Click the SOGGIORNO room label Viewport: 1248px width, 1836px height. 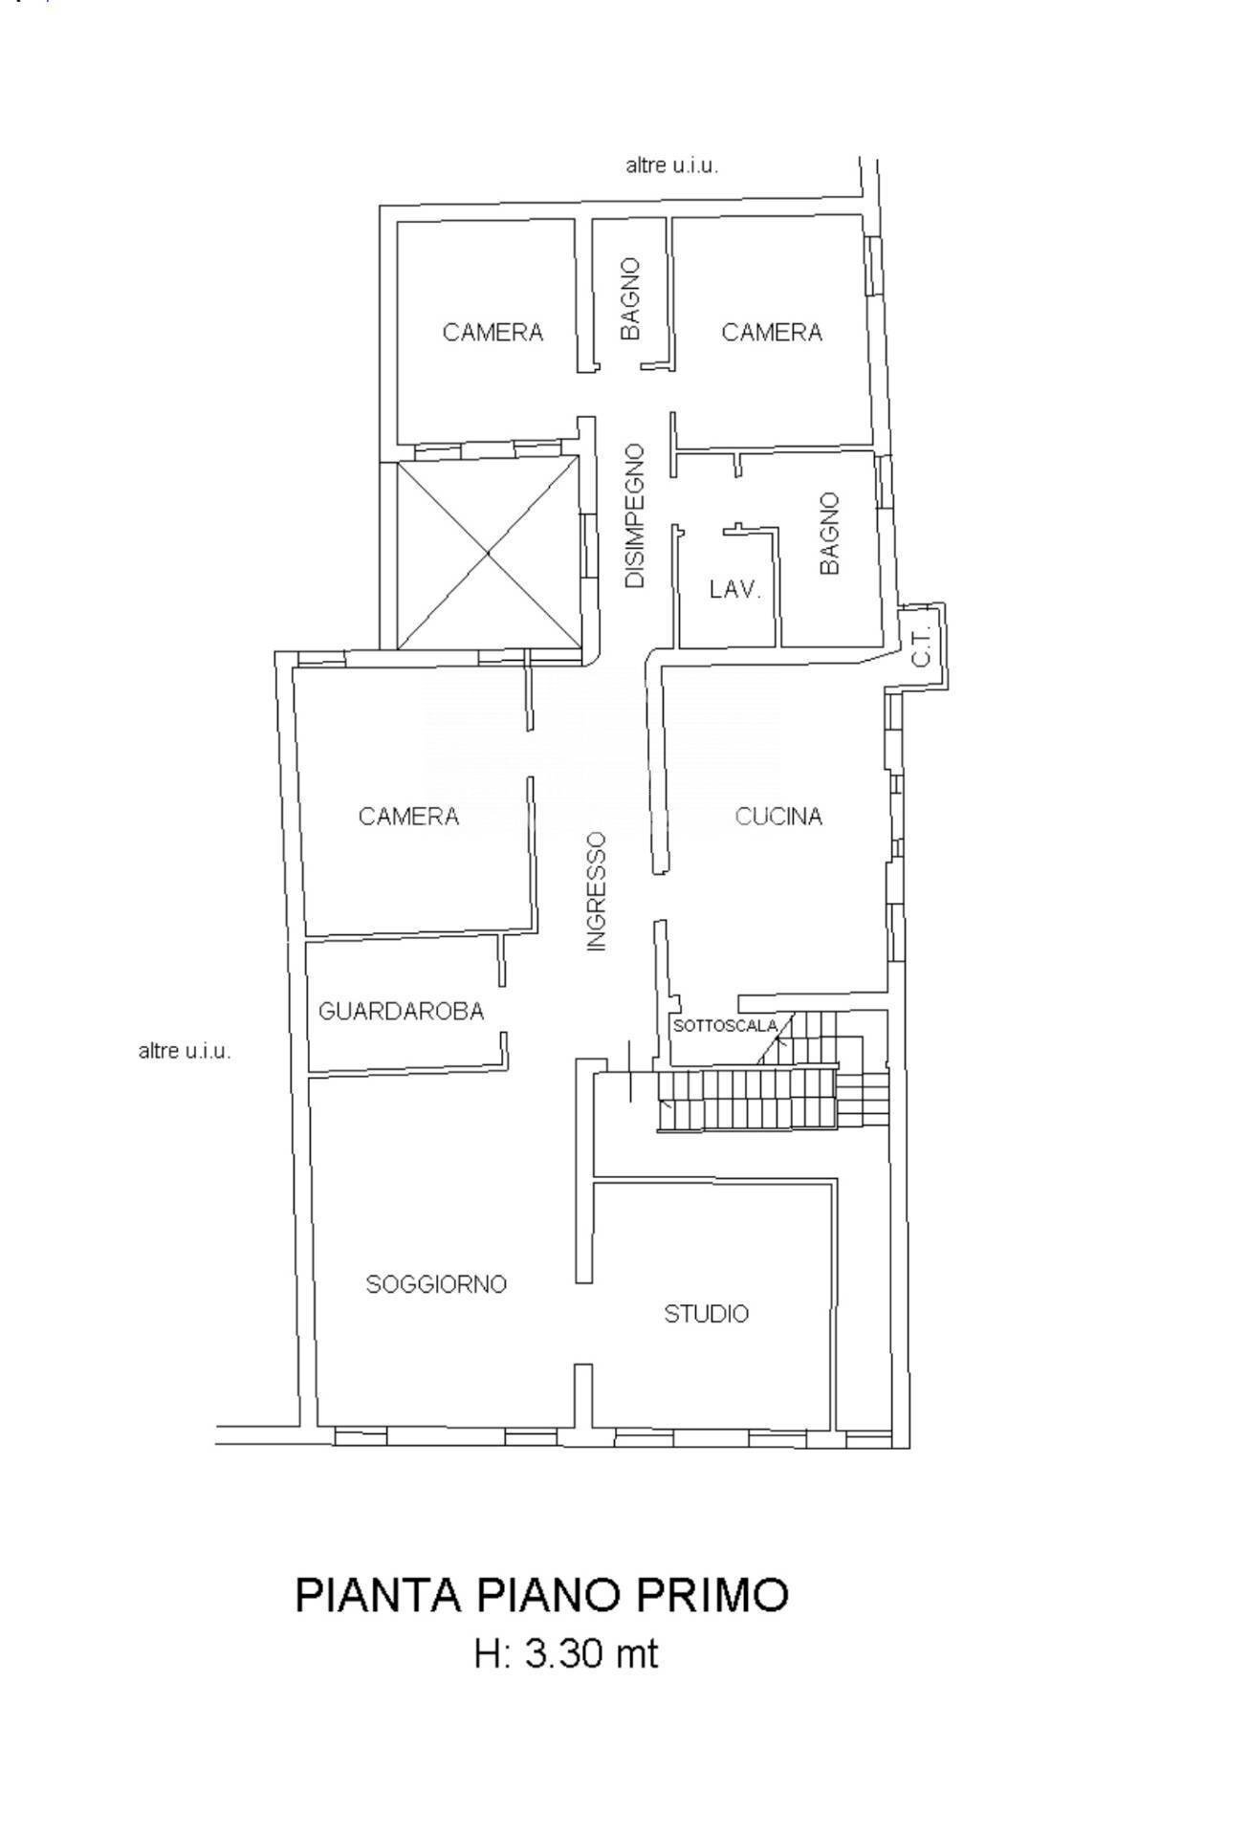pos(436,1284)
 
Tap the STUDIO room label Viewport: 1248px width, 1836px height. pos(707,1314)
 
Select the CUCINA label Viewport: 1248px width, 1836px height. pos(778,817)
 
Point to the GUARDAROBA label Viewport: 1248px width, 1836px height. pos(401,1011)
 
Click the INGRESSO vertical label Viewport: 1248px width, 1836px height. pos(597,890)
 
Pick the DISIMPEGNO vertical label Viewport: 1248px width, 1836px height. pos(635,515)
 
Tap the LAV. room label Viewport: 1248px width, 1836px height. pos(734,590)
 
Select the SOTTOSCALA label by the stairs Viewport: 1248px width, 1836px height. pos(726,1026)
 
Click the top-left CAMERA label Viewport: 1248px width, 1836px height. pos(493,332)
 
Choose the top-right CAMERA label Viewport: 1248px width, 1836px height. pos(772,332)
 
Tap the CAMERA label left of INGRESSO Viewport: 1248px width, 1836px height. pos(408,817)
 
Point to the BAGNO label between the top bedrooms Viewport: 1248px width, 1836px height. pos(630,298)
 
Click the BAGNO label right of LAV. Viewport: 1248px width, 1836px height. pos(829,534)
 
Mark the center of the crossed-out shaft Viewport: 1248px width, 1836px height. pos(489,553)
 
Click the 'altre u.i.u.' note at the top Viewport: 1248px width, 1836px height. pos(672,165)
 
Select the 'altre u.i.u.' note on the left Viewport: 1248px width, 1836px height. pos(186,1052)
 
